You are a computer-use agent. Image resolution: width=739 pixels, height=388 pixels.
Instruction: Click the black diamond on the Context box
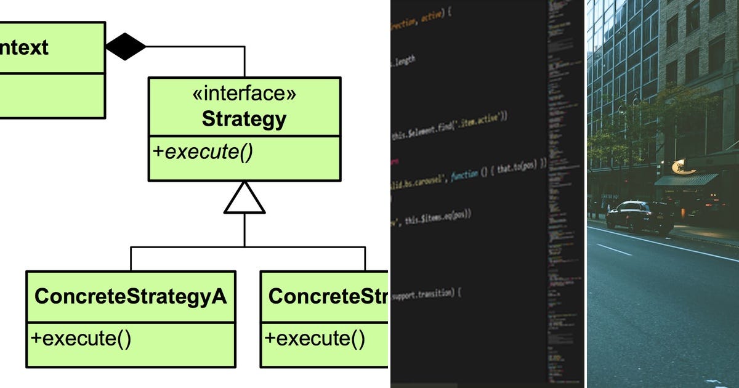[126, 46]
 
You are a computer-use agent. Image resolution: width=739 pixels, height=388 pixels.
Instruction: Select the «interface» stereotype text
[244, 94]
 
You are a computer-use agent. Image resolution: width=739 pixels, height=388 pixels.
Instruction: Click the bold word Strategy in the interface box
[244, 119]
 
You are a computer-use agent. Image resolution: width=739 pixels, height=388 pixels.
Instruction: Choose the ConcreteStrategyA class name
[131, 296]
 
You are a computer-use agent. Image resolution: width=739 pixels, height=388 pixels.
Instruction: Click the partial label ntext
[25, 47]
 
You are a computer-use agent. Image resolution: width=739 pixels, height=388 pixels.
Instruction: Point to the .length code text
[404, 61]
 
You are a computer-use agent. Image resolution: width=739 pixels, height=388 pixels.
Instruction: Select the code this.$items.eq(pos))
[438, 216]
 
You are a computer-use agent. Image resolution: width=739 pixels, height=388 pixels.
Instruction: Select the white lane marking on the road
[615, 249]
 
